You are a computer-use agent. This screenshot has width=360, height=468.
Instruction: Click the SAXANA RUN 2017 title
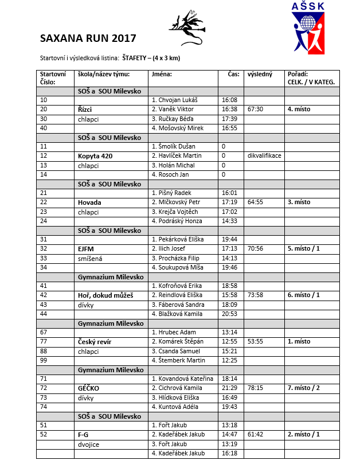(x=88, y=39)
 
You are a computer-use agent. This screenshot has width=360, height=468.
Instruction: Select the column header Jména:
(x=162, y=74)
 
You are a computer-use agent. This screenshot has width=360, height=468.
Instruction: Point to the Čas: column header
(x=233, y=74)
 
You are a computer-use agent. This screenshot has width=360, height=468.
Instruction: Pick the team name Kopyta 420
(x=95, y=156)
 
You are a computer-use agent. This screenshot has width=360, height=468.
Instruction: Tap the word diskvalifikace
(x=264, y=156)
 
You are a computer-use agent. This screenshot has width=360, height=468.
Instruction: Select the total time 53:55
(x=255, y=342)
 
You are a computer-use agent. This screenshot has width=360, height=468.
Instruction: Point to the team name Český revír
(x=95, y=342)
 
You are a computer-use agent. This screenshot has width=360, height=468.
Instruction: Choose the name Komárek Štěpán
(x=177, y=342)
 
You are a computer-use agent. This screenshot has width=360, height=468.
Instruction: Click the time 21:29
(x=229, y=388)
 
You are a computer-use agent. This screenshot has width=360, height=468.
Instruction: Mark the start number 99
(x=44, y=360)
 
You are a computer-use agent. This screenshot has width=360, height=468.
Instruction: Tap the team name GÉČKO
(x=89, y=388)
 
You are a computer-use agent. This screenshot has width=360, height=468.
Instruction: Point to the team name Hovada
(x=89, y=202)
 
